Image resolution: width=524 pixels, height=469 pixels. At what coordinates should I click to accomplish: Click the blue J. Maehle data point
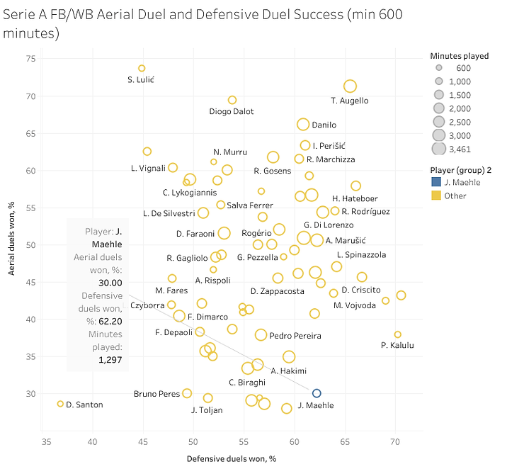pyautogui.click(x=317, y=393)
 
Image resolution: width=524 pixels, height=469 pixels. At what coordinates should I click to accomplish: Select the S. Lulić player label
pyautogui.click(x=141, y=80)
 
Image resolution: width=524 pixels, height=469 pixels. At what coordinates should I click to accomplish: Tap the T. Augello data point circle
pyautogui.click(x=350, y=86)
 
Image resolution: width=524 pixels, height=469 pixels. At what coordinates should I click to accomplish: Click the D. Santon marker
pyautogui.click(x=60, y=404)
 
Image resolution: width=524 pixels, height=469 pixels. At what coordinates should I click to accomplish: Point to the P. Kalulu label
pyautogui.click(x=397, y=346)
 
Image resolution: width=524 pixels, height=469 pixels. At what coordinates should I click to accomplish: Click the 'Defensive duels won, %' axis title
pyautogui.click(x=231, y=459)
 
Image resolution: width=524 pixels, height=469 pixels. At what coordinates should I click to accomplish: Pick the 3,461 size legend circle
pyautogui.click(x=439, y=149)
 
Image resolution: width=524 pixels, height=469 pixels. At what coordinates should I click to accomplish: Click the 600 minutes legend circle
pyautogui.click(x=439, y=68)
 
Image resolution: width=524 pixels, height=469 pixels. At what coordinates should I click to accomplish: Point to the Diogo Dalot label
pyautogui.click(x=232, y=111)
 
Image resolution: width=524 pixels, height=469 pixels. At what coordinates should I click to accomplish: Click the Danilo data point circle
pyautogui.click(x=303, y=125)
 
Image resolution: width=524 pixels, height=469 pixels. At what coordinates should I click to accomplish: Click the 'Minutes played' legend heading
pyautogui.click(x=459, y=56)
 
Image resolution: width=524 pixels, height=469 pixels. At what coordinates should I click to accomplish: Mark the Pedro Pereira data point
pyautogui.click(x=261, y=334)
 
